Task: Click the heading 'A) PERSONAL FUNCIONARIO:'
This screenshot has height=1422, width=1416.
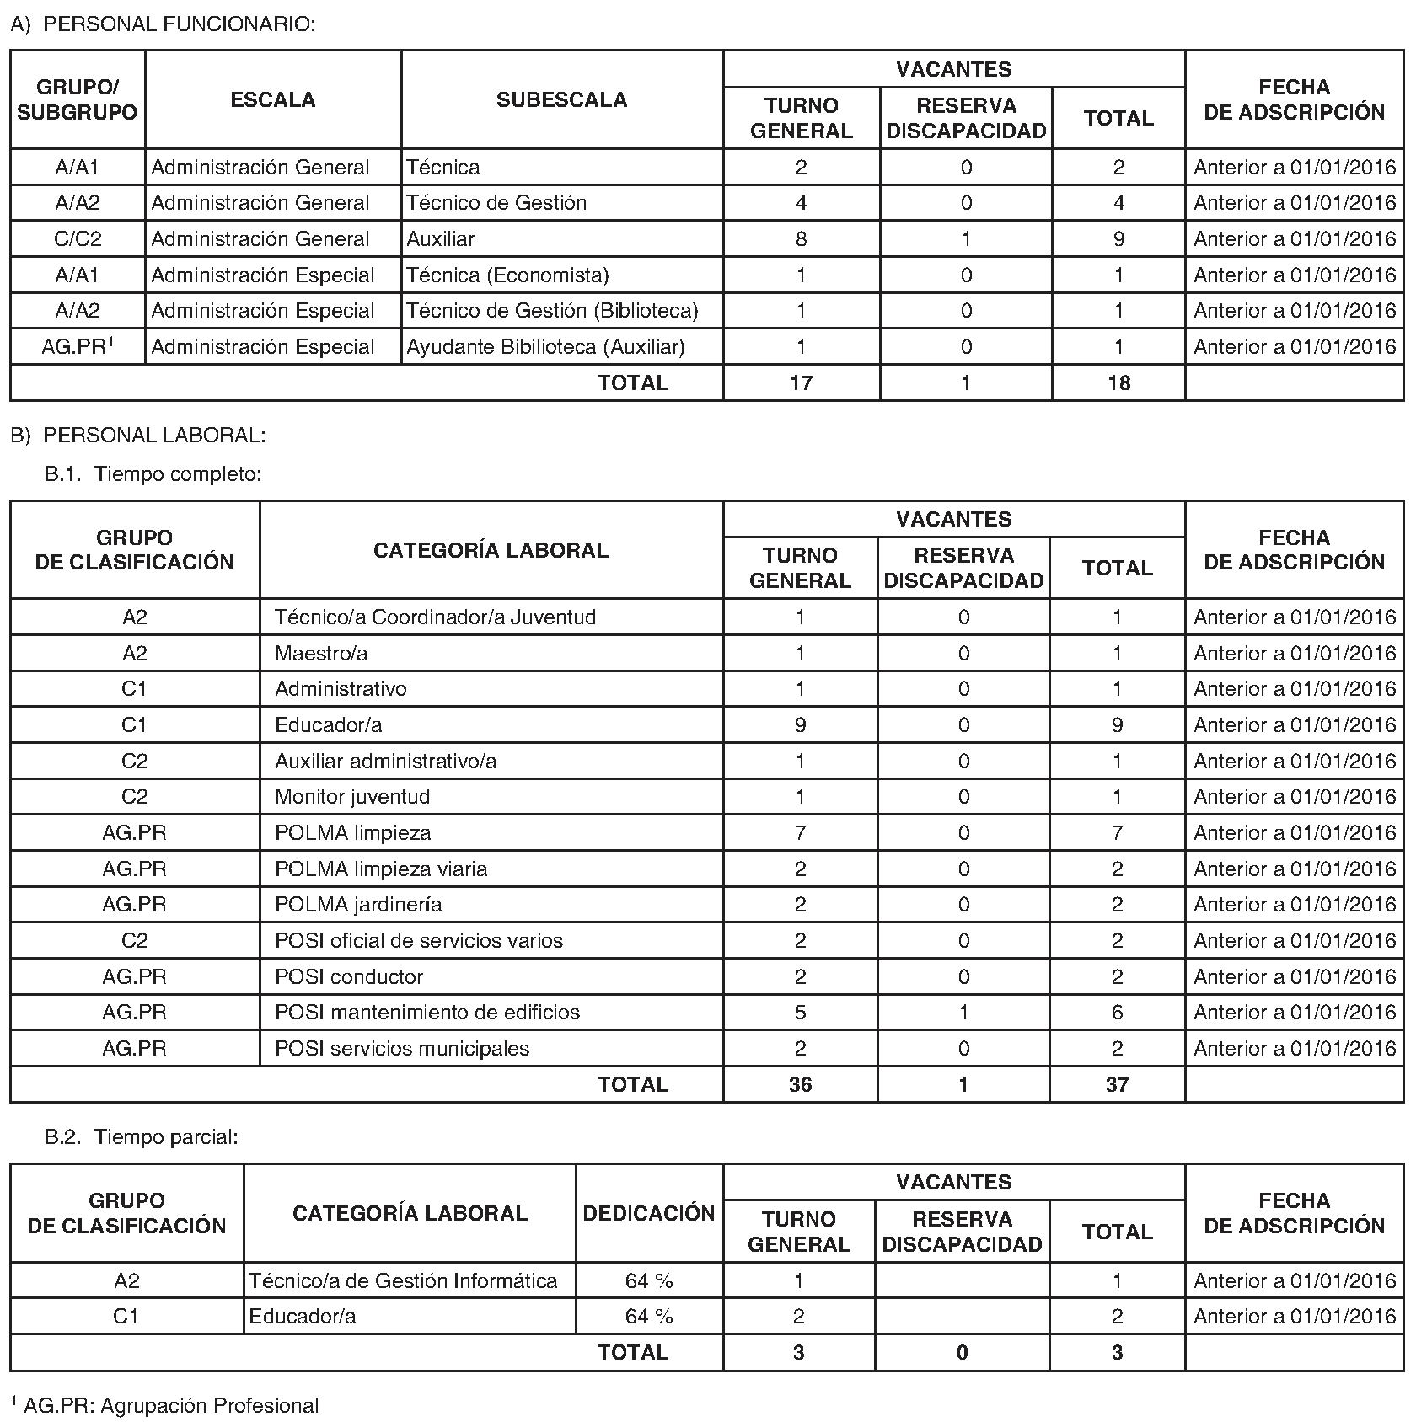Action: pyautogui.click(x=163, y=24)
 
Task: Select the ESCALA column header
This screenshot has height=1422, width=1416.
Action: pyautogui.click(x=273, y=99)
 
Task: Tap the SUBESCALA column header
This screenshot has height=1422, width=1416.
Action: pyautogui.click(x=561, y=99)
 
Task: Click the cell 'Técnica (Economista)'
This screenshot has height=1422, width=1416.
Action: pyautogui.click(x=507, y=275)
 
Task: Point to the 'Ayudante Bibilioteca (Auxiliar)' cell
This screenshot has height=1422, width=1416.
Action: pyautogui.click(x=545, y=347)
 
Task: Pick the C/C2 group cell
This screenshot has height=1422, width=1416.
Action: pyautogui.click(x=78, y=239)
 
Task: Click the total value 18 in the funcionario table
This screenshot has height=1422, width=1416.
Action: pyautogui.click(x=1118, y=383)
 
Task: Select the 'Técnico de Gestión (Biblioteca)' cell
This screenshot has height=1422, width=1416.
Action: pyautogui.click(x=552, y=311)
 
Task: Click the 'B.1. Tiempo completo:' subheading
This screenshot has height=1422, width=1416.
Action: pyautogui.click(x=153, y=474)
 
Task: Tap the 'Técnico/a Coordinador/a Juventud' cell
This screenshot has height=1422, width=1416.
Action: pyautogui.click(x=435, y=617)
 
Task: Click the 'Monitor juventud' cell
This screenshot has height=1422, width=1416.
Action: pyautogui.click(x=352, y=797)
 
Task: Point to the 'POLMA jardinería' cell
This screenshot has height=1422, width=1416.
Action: pyautogui.click(x=358, y=905)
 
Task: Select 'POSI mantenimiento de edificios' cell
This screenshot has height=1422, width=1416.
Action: pyautogui.click(x=427, y=1013)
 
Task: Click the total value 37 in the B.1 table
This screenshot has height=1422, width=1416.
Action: pyautogui.click(x=1117, y=1085)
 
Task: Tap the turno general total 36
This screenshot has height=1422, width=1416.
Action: pyautogui.click(x=800, y=1085)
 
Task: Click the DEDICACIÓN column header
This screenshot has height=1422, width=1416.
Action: pyautogui.click(x=649, y=1213)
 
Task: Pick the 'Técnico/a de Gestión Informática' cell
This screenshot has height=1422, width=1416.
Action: pyautogui.click(x=403, y=1281)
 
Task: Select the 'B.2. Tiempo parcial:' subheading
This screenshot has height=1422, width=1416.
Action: pyautogui.click(x=142, y=1137)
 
